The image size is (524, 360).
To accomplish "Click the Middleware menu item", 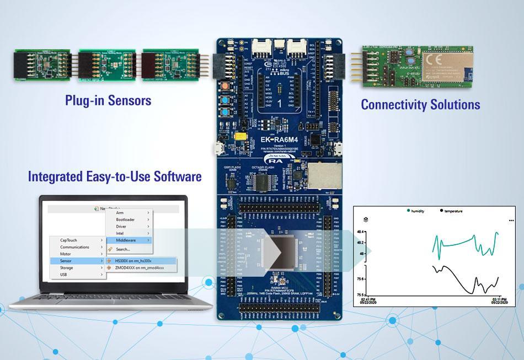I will [127, 240].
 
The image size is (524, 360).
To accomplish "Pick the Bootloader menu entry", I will [126, 219].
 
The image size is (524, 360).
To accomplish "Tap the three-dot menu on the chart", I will [510, 220].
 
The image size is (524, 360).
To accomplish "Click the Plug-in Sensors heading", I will [108, 100].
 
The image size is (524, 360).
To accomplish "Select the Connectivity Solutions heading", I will [420, 104].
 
